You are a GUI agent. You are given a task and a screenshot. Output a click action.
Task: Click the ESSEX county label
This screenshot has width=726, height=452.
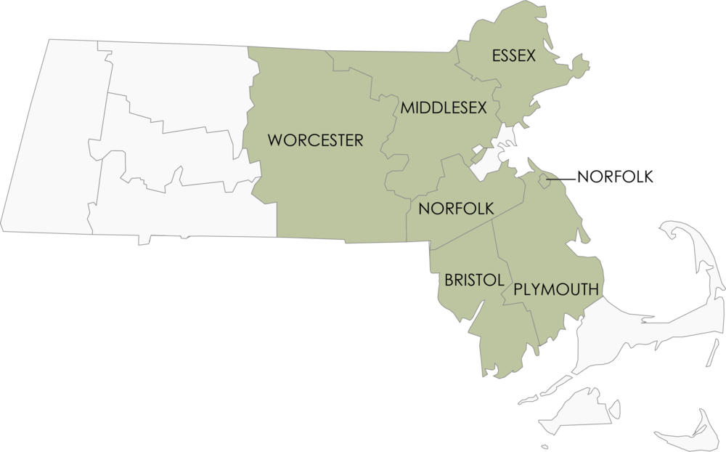(x=513, y=55)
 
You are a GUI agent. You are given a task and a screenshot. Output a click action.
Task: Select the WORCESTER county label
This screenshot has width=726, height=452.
(x=315, y=140)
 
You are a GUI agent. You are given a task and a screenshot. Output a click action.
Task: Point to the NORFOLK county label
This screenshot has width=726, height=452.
(x=456, y=209)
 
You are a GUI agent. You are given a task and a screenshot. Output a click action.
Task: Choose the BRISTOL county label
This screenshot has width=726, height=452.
(x=465, y=281)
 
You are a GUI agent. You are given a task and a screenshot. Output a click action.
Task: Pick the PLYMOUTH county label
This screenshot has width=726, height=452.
(x=555, y=288)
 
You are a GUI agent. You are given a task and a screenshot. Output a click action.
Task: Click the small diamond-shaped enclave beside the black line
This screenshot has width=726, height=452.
(x=544, y=179)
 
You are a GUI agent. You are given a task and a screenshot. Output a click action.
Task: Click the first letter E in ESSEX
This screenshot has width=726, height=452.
(x=496, y=55)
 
